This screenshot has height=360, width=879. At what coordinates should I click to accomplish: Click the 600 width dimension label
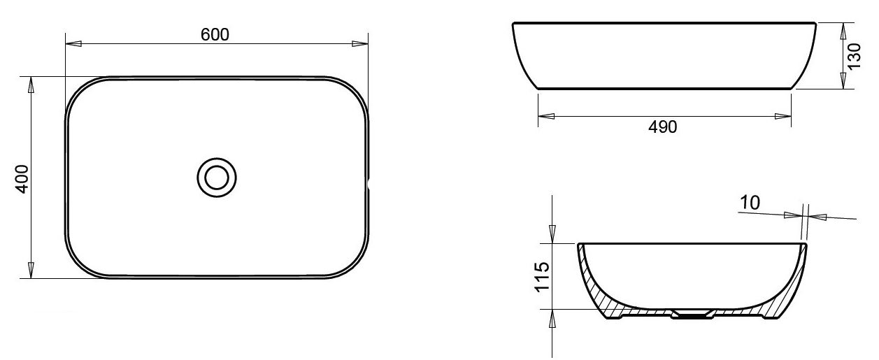[x=215, y=34]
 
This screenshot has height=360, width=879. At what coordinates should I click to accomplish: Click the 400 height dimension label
[x=22, y=179]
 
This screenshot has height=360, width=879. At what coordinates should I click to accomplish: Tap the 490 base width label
[x=663, y=127]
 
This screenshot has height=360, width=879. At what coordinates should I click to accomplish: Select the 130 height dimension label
[x=854, y=56]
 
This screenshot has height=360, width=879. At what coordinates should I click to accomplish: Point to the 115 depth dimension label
[x=542, y=277]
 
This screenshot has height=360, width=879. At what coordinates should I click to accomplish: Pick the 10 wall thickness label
[x=750, y=203]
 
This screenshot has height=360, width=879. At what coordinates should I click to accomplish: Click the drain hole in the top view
[x=217, y=178]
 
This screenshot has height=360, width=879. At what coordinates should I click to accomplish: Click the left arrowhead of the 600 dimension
[x=73, y=43]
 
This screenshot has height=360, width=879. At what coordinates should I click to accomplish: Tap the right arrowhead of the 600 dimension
[x=360, y=43]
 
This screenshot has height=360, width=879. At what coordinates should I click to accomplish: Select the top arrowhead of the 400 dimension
[x=31, y=85]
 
